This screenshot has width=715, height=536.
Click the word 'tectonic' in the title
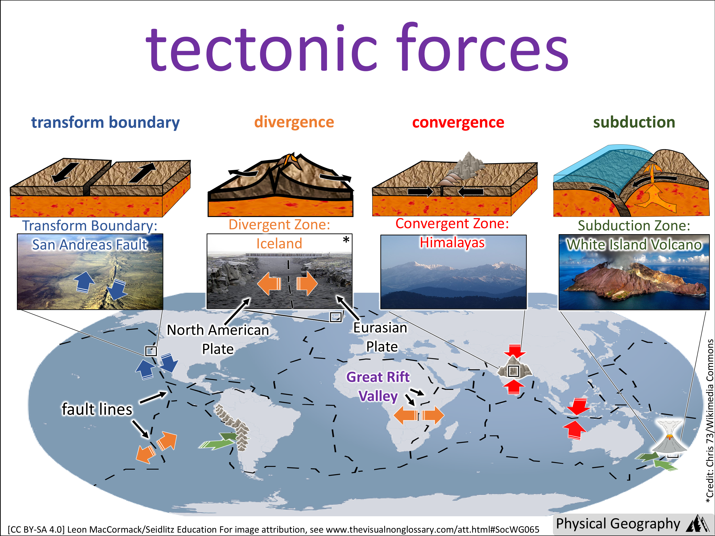pyautogui.click(x=262, y=48)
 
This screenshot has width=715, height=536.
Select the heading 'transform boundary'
pyautogui.click(x=105, y=123)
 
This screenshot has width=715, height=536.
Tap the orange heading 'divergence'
pyautogui.click(x=294, y=122)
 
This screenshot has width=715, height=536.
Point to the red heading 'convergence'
pyautogui.click(x=458, y=122)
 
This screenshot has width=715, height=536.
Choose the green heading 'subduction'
pyautogui.click(x=634, y=122)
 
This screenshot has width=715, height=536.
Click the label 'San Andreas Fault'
pyautogui.click(x=90, y=245)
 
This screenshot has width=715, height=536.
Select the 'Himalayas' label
pyautogui.click(x=452, y=242)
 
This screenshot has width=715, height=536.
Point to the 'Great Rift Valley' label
pyautogui.click(x=378, y=386)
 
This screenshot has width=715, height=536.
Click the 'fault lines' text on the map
pyautogui.click(x=97, y=409)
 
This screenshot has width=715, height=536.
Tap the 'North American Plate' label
pyautogui.click(x=218, y=339)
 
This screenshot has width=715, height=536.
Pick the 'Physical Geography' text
pyautogui.click(x=618, y=524)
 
